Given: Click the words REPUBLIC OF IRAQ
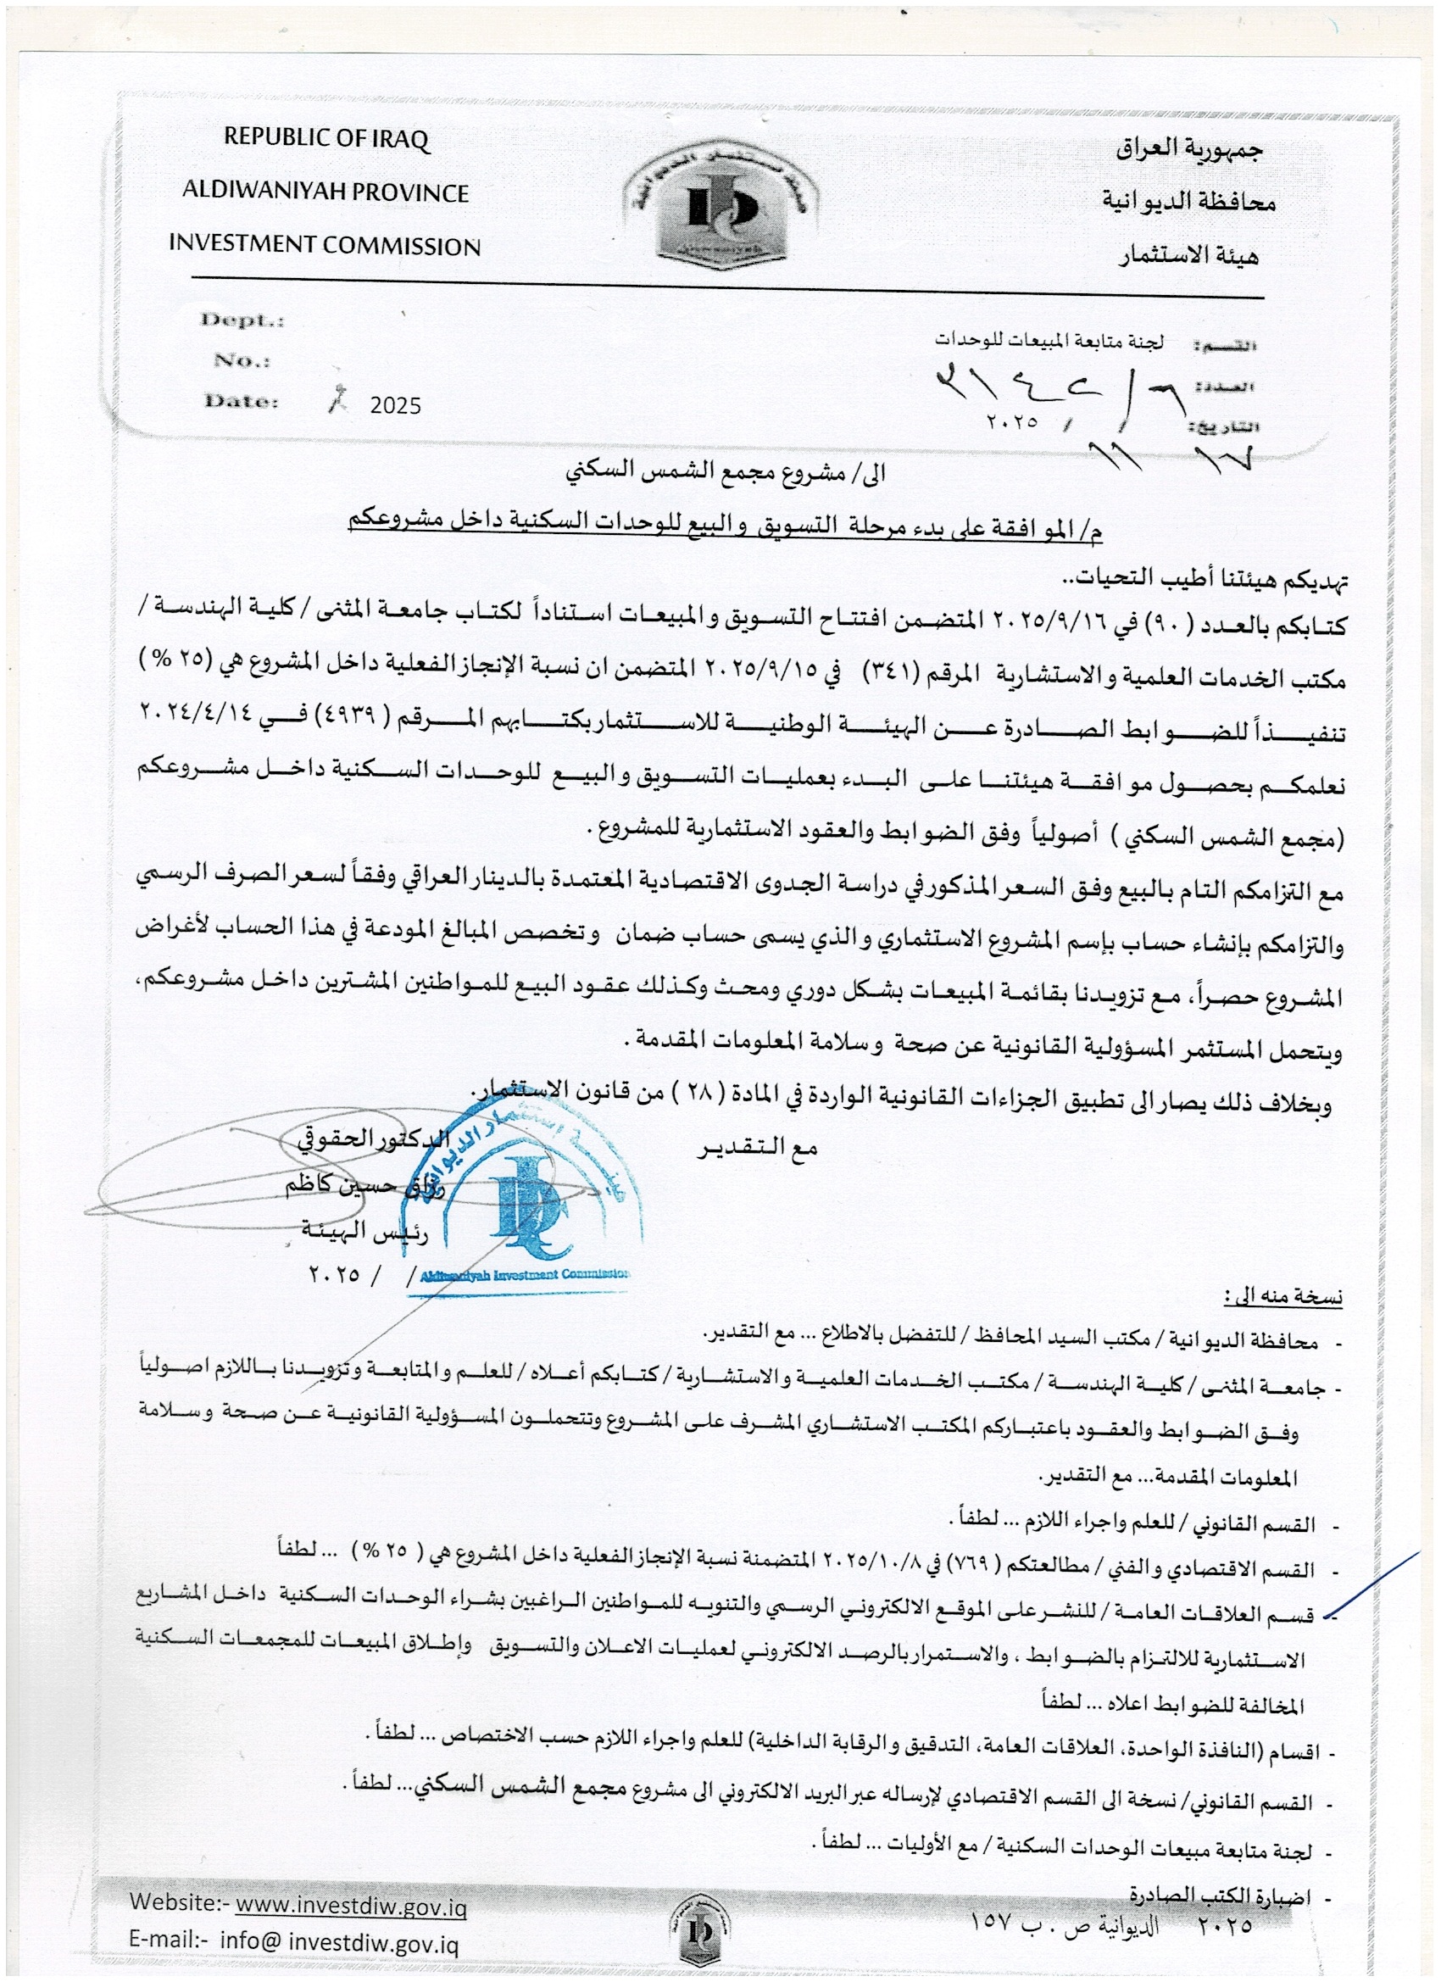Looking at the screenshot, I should click(327, 138).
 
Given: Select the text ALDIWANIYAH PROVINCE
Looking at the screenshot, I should click(325, 192).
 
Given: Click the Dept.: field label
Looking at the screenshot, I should click(242, 320).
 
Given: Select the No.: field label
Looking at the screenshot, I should click(242, 360).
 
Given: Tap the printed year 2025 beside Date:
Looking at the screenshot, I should click(395, 405).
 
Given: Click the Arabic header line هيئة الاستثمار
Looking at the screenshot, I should click(1188, 255).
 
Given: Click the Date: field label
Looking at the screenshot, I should click(242, 401).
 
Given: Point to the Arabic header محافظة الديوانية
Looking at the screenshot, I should click(1188, 202).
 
